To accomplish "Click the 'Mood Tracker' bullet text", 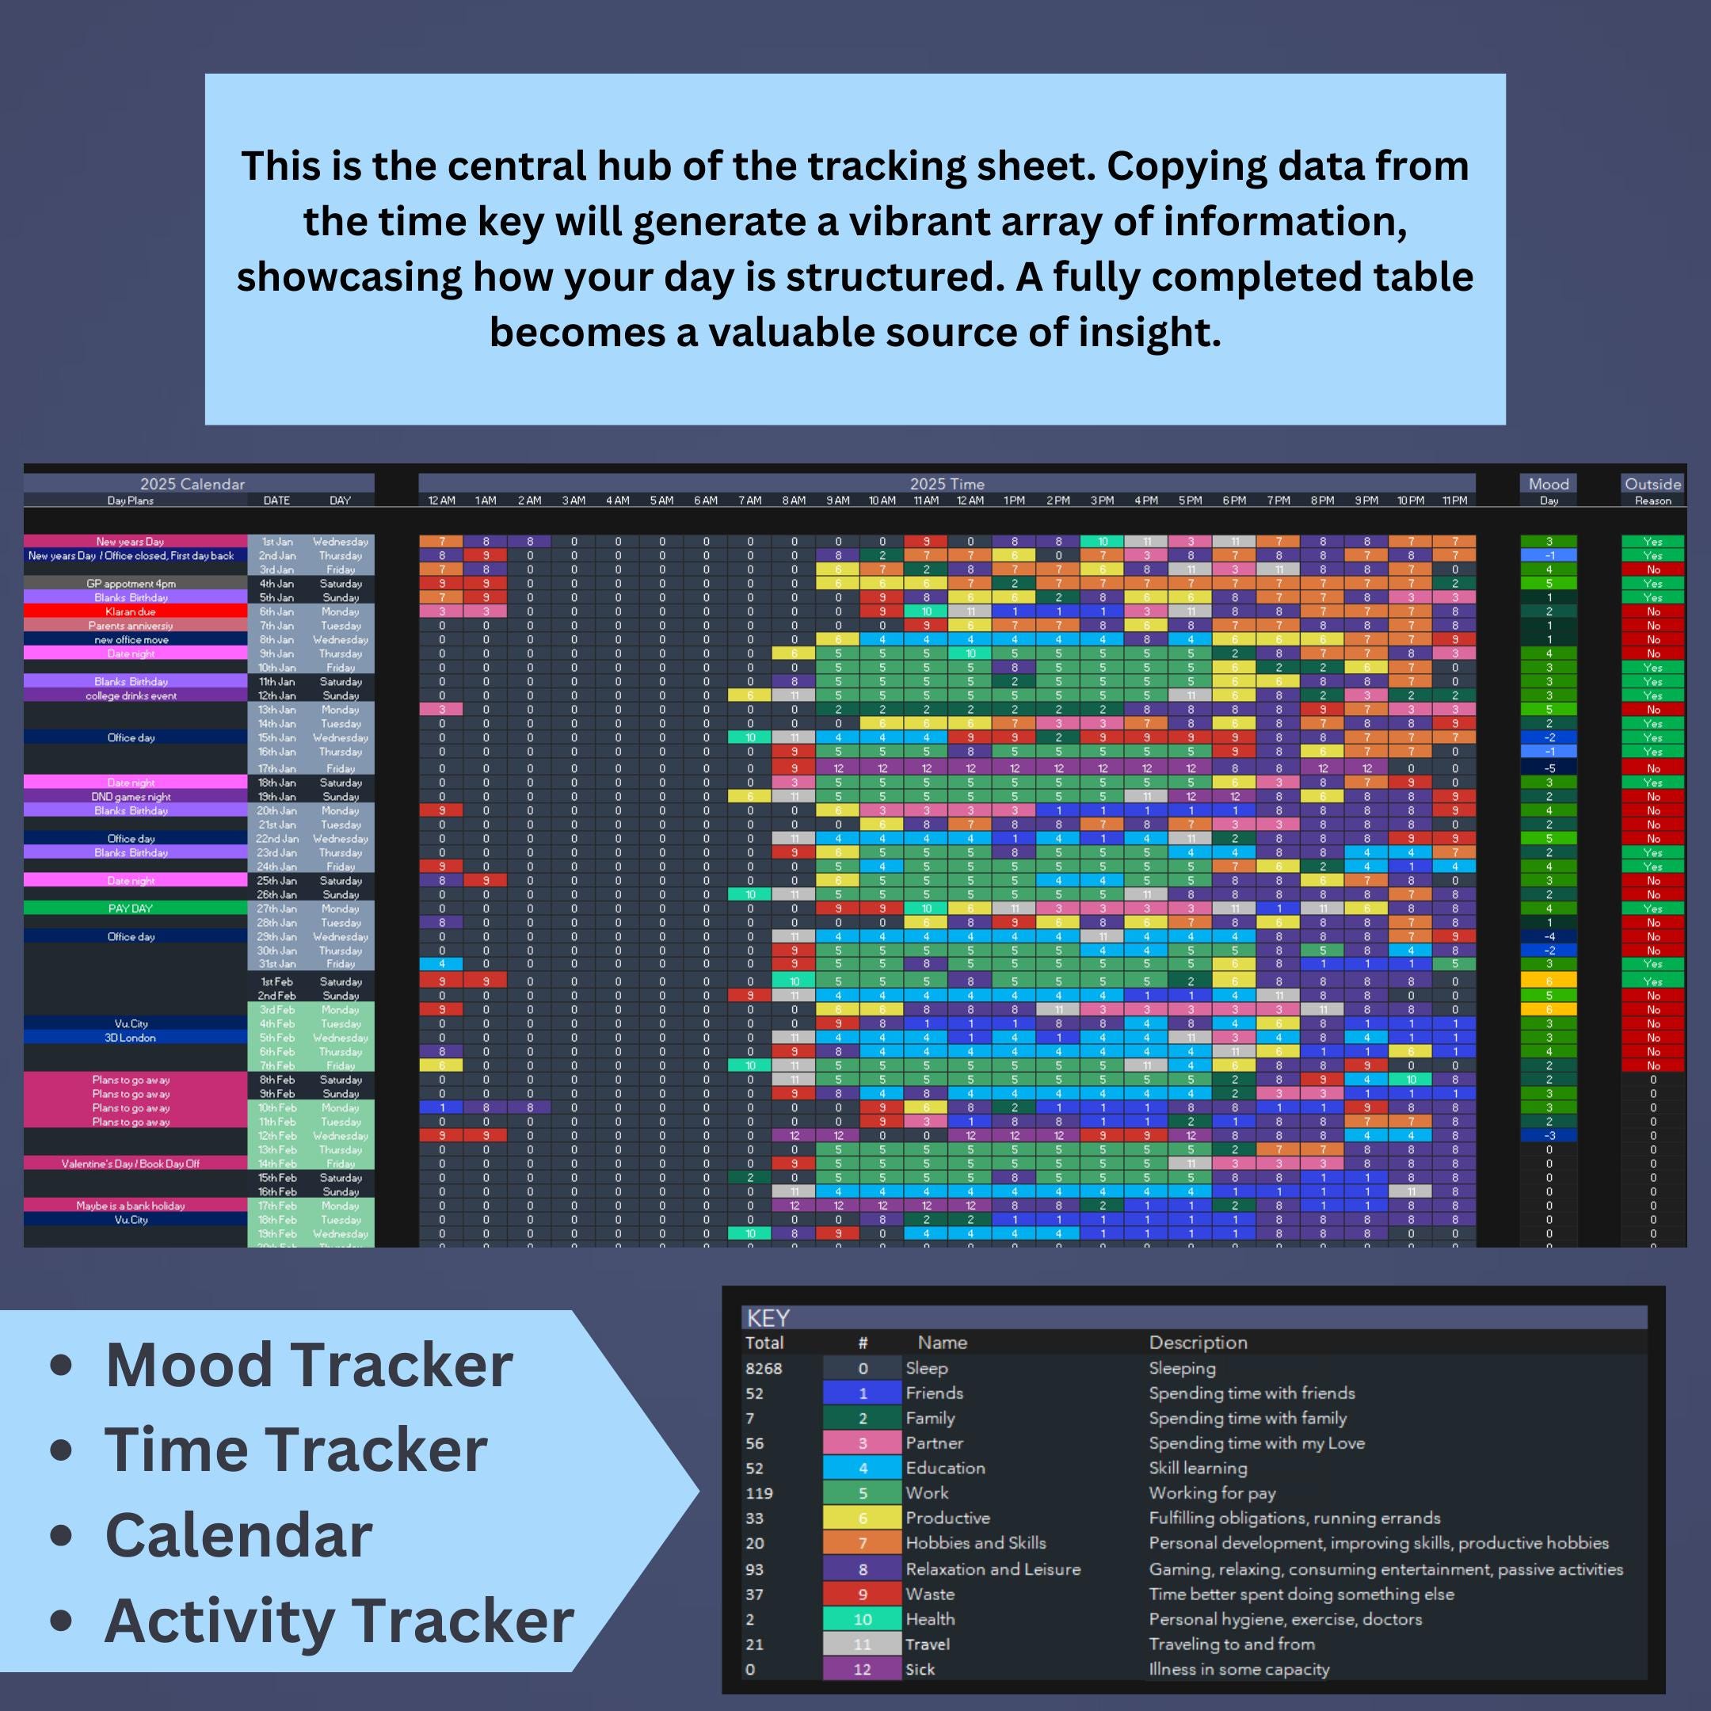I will [x=308, y=1365].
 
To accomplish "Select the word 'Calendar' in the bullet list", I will [x=238, y=1536].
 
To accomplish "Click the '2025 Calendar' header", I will [x=192, y=483].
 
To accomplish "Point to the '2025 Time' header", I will [x=947, y=483].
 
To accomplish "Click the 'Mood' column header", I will [x=1548, y=483].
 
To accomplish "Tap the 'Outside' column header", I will [x=1652, y=483].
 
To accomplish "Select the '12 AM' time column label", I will [x=441, y=501].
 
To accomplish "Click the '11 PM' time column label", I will [x=1454, y=501].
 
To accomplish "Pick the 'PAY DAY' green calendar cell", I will [x=131, y=909].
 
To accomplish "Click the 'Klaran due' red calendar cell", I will [x=131, y=612].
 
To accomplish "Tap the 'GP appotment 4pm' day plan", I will [x=131, y=584].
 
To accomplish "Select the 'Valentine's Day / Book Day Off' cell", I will [x=131, y=1164].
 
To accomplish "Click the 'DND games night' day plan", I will [x=131, y=797].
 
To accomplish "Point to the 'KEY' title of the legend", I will [x=768, y=1318].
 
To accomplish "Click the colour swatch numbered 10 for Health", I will [x=862, y=1620].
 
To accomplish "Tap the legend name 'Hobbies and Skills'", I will [x=975, y=1543].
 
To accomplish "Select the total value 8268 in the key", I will [x=764, y=1368].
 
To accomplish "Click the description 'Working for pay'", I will [x=1211, y=1493].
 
